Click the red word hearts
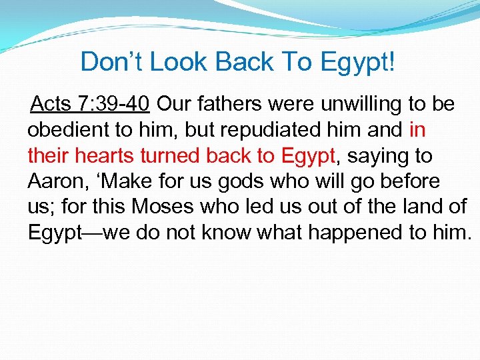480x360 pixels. [99, 156]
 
